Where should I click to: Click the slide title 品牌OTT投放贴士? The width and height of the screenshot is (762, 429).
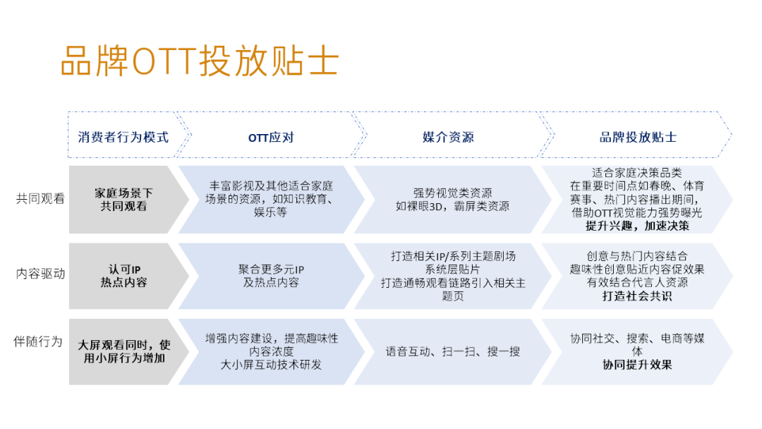200,62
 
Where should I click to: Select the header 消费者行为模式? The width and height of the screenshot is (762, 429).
123,137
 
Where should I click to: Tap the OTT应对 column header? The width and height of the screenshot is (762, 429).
271,137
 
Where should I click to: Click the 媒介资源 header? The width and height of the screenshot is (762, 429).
448,137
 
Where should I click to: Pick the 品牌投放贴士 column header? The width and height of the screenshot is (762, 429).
638,137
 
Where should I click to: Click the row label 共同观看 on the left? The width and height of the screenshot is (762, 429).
40,199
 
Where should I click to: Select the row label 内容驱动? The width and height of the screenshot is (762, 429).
40,274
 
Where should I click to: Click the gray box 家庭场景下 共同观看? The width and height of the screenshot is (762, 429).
123,200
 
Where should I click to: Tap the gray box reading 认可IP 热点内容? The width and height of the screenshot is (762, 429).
123,276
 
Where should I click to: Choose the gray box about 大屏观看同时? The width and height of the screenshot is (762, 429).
123,351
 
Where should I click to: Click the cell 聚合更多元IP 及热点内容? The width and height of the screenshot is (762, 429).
271,276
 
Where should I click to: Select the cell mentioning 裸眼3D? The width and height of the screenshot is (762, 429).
452,200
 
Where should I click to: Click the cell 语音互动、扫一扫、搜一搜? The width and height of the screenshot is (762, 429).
452,351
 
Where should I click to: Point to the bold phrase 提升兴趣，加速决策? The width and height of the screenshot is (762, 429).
637,226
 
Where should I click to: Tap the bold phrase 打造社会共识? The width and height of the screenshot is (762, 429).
637,296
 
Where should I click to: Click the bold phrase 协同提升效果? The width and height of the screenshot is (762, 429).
637,365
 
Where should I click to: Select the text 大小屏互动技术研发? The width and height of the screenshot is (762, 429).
271,365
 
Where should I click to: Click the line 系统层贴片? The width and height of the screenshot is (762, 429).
452,270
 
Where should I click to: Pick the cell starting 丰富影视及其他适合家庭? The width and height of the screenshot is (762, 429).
271,199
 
